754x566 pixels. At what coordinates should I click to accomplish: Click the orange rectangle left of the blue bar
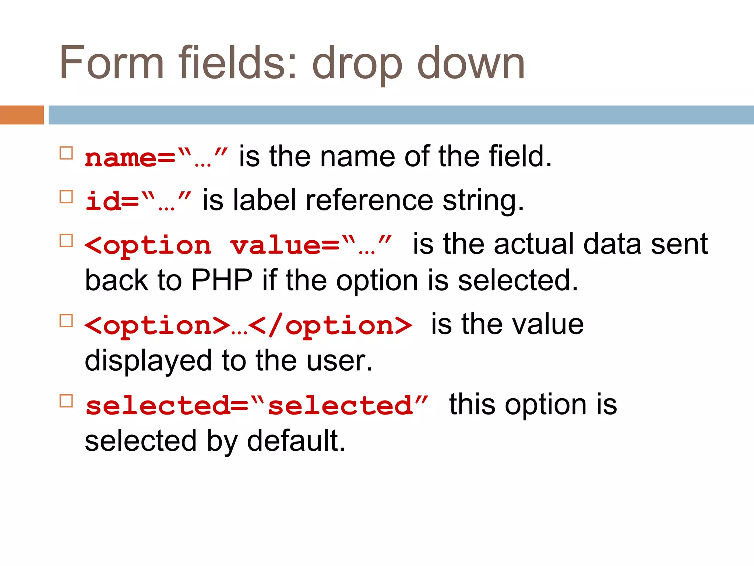(22, 115)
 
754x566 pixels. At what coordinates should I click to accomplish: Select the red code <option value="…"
(237, 245)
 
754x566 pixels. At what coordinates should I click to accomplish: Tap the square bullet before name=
(66, 153)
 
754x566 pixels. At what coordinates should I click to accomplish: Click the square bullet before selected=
(66, 401)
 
